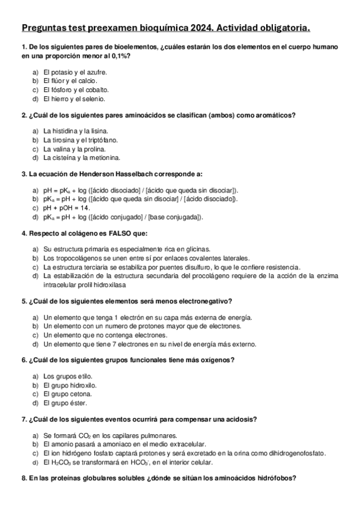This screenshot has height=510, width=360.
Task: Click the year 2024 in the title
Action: point(194,28)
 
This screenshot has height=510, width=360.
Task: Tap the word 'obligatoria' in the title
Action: point(282,28)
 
